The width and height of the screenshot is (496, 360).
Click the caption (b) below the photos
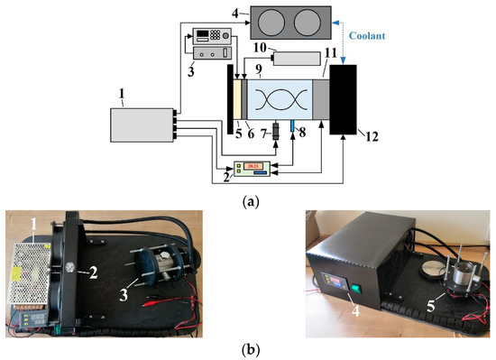pyautogui.click(x=248, y=349)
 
